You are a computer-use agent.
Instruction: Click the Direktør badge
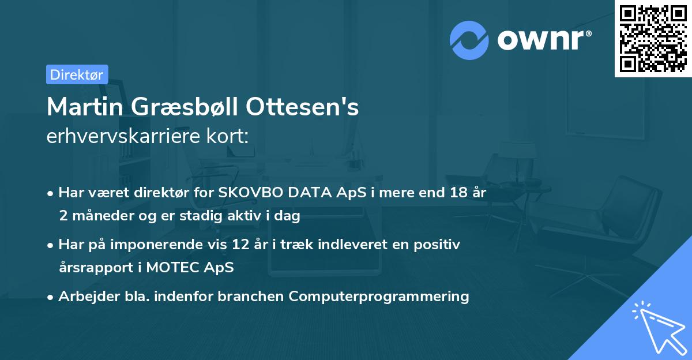pyautogui.click(x=77, y=74)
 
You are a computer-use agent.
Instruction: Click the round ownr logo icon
pyautogui.click(x=469, y=40)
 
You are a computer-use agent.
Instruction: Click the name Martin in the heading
pyautogui.click(x=81, y=107)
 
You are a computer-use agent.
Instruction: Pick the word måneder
pyautogui.click(x=99, y=216)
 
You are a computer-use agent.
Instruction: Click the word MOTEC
pyautogui.click(x=170, y=268)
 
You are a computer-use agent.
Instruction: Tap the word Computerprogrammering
pyautogui.click(x=379, y=297)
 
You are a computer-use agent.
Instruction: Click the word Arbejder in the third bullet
pyautogui.click(x=84, y=297)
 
